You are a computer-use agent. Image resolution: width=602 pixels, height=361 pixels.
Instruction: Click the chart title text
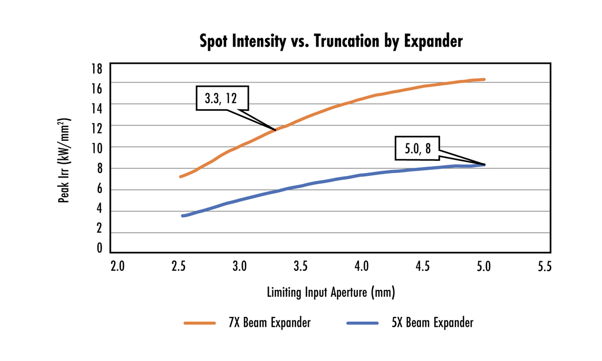click(331, 42)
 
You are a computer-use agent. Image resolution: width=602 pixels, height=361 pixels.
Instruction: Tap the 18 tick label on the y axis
click(97, 68)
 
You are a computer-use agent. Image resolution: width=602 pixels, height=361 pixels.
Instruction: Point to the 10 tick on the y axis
click(97, 147)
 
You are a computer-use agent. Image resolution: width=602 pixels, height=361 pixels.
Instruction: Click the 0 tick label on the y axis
click(99, 248)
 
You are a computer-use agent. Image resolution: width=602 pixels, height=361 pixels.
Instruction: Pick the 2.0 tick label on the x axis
click(117, 266)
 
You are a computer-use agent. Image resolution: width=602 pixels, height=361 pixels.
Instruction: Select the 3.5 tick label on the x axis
click(300, 266)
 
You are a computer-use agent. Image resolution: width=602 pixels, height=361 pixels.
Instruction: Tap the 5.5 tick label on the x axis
click(544, 266)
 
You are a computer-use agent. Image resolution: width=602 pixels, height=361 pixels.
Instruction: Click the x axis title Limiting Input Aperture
click(331, 291)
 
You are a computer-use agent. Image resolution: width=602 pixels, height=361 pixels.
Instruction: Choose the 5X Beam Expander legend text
click(432, 322)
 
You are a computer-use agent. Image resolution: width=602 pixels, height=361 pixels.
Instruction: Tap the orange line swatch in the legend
click(200, 323)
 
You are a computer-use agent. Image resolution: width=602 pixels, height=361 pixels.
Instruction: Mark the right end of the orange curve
click(484, 79)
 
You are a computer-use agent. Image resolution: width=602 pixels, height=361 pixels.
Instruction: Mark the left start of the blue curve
click(183, 216)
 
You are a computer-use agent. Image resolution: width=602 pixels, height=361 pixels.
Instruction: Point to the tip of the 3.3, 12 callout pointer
click(276, 130)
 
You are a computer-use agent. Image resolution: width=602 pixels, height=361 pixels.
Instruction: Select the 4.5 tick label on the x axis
click(422, 266)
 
